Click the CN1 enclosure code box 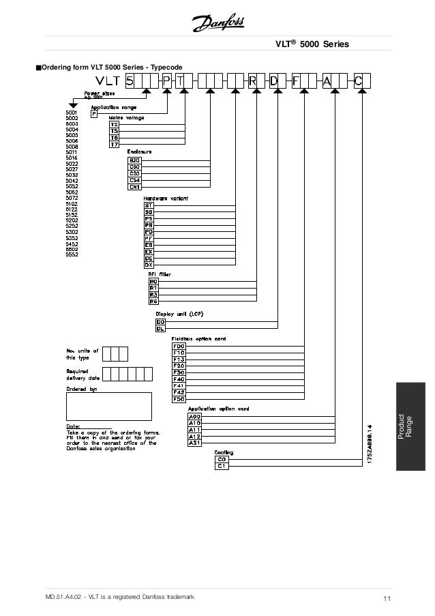coord(134,186)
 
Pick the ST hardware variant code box coord(148,205)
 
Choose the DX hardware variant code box coord(148,263)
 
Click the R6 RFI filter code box coord(153,301)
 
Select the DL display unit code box coord(161,329)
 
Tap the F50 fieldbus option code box coord(179,399)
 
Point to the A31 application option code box coord(193,443)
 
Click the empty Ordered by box coord(108,407)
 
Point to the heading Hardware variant coord(165,198)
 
